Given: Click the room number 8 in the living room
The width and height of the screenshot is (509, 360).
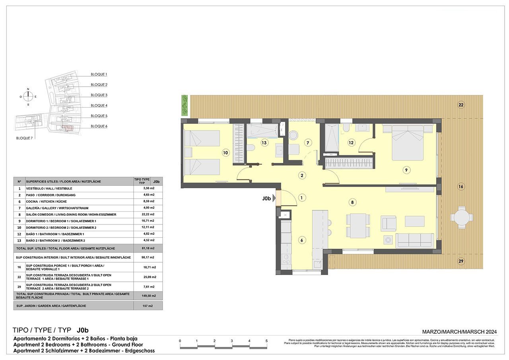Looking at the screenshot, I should coord(352,202).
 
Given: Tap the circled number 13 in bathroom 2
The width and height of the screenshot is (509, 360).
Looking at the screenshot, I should coord(264,142).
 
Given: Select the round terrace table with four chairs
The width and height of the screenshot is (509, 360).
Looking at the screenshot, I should coord(461,217).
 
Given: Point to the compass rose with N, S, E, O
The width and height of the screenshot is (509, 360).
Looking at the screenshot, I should coord(28,96).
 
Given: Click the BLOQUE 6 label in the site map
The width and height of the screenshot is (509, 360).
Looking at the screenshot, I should coord(99,126).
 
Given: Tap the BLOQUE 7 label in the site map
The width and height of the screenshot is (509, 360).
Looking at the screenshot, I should coord(24,138).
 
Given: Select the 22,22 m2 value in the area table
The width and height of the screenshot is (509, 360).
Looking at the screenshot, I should coord(148,215).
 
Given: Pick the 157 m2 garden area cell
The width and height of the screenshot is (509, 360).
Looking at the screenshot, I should coord(148,306).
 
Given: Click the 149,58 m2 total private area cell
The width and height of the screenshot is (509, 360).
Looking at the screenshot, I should coord(148,295).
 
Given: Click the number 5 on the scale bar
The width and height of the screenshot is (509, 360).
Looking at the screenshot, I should coord(266,341).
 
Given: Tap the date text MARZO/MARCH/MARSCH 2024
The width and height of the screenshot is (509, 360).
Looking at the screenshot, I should coord(459,332).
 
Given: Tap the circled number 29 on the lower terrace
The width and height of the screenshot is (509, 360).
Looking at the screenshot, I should coord(461,261).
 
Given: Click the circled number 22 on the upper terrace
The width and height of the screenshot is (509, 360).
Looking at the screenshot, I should coord(461,105).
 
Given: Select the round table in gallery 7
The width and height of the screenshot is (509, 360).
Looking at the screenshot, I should coord(293,135).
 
